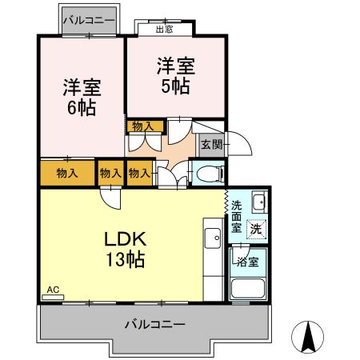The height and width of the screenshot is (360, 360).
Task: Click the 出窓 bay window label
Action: [163, 30]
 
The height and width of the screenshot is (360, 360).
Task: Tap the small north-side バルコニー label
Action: [90, 18]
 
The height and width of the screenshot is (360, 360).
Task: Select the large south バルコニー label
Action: [154, 325]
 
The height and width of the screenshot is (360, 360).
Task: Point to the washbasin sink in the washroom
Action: [258, 202]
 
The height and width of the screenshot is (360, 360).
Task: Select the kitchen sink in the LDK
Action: [212, 238]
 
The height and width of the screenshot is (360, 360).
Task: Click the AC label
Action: [53, 289]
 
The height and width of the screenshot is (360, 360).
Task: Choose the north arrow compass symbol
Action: [310, 337]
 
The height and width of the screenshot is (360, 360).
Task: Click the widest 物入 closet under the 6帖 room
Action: [67, 173]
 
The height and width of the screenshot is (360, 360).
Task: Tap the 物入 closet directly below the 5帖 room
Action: [144, 126]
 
